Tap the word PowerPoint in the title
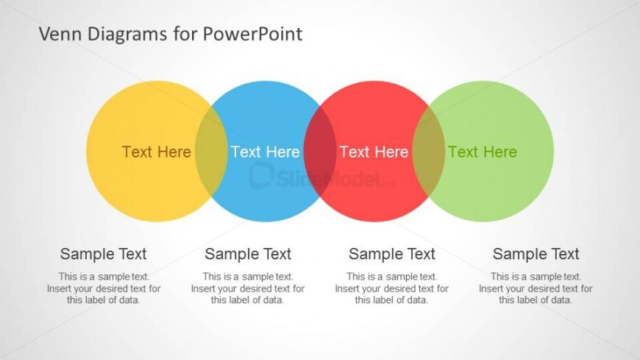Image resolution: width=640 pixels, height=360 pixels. pyautogui.click(x=252, y=34)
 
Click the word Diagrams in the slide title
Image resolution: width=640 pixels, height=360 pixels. pyautogui.click(x=127, y=35)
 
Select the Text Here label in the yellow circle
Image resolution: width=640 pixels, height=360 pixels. pyautogui.click(x=157, y=152)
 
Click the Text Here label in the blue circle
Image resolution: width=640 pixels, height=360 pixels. pyautogui.click(x=266, y=152)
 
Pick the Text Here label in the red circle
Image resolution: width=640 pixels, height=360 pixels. pyautogui.click(x=374, y=152)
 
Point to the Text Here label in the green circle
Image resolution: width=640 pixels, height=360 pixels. pyautogui.click(x=483, y=152)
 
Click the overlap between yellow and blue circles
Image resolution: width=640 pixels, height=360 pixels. pyautogui.click(x=211, y=152)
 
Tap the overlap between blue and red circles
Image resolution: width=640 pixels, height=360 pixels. pyautogui.click(x=320, y=152)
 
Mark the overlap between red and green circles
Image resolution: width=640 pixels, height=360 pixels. pyautogui.click(x=429, y=152)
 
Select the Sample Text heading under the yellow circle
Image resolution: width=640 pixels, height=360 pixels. pyautogui.click(x=103, y=254)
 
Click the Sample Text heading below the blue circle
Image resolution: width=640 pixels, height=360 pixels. pyautogui.click(x=248, y=254)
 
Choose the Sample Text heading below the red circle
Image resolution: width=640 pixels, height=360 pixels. pyautogui.click(x=392, y=254)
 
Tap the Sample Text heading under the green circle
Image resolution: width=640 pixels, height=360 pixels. pyautogui.click(x=536, y=254)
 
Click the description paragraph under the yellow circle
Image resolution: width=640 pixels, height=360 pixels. pyautogui.click(x=104, y=289)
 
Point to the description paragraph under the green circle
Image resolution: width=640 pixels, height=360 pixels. pyautogui.click(x=536, y=289)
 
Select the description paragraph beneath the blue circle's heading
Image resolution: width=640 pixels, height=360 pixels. pyautogui.click(x=248, y=289)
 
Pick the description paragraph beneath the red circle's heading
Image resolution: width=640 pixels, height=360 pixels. pyautogui.click(x=392, y=289)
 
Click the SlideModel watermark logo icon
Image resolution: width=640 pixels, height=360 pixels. pyautogui.click(x=261, y=175)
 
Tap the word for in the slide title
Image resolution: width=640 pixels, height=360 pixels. pyautogui.click(x=185, y=34)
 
